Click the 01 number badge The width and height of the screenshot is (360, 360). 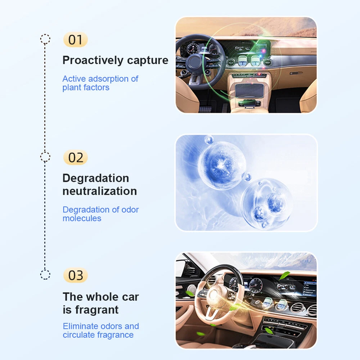75,40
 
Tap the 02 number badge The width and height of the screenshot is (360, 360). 75,158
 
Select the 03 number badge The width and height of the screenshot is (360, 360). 75,275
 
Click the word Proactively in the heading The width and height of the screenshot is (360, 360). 93,60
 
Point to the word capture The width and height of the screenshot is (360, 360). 148,60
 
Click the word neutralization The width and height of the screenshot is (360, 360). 100,191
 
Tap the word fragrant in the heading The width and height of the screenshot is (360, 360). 97,310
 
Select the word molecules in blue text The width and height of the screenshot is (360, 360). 82,219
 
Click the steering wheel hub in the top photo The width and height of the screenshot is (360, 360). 194,62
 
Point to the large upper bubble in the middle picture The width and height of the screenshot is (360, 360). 222,165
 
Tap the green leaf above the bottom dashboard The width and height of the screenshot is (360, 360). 284,275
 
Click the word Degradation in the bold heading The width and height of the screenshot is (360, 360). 96,178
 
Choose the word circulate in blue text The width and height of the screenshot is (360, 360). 78,335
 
